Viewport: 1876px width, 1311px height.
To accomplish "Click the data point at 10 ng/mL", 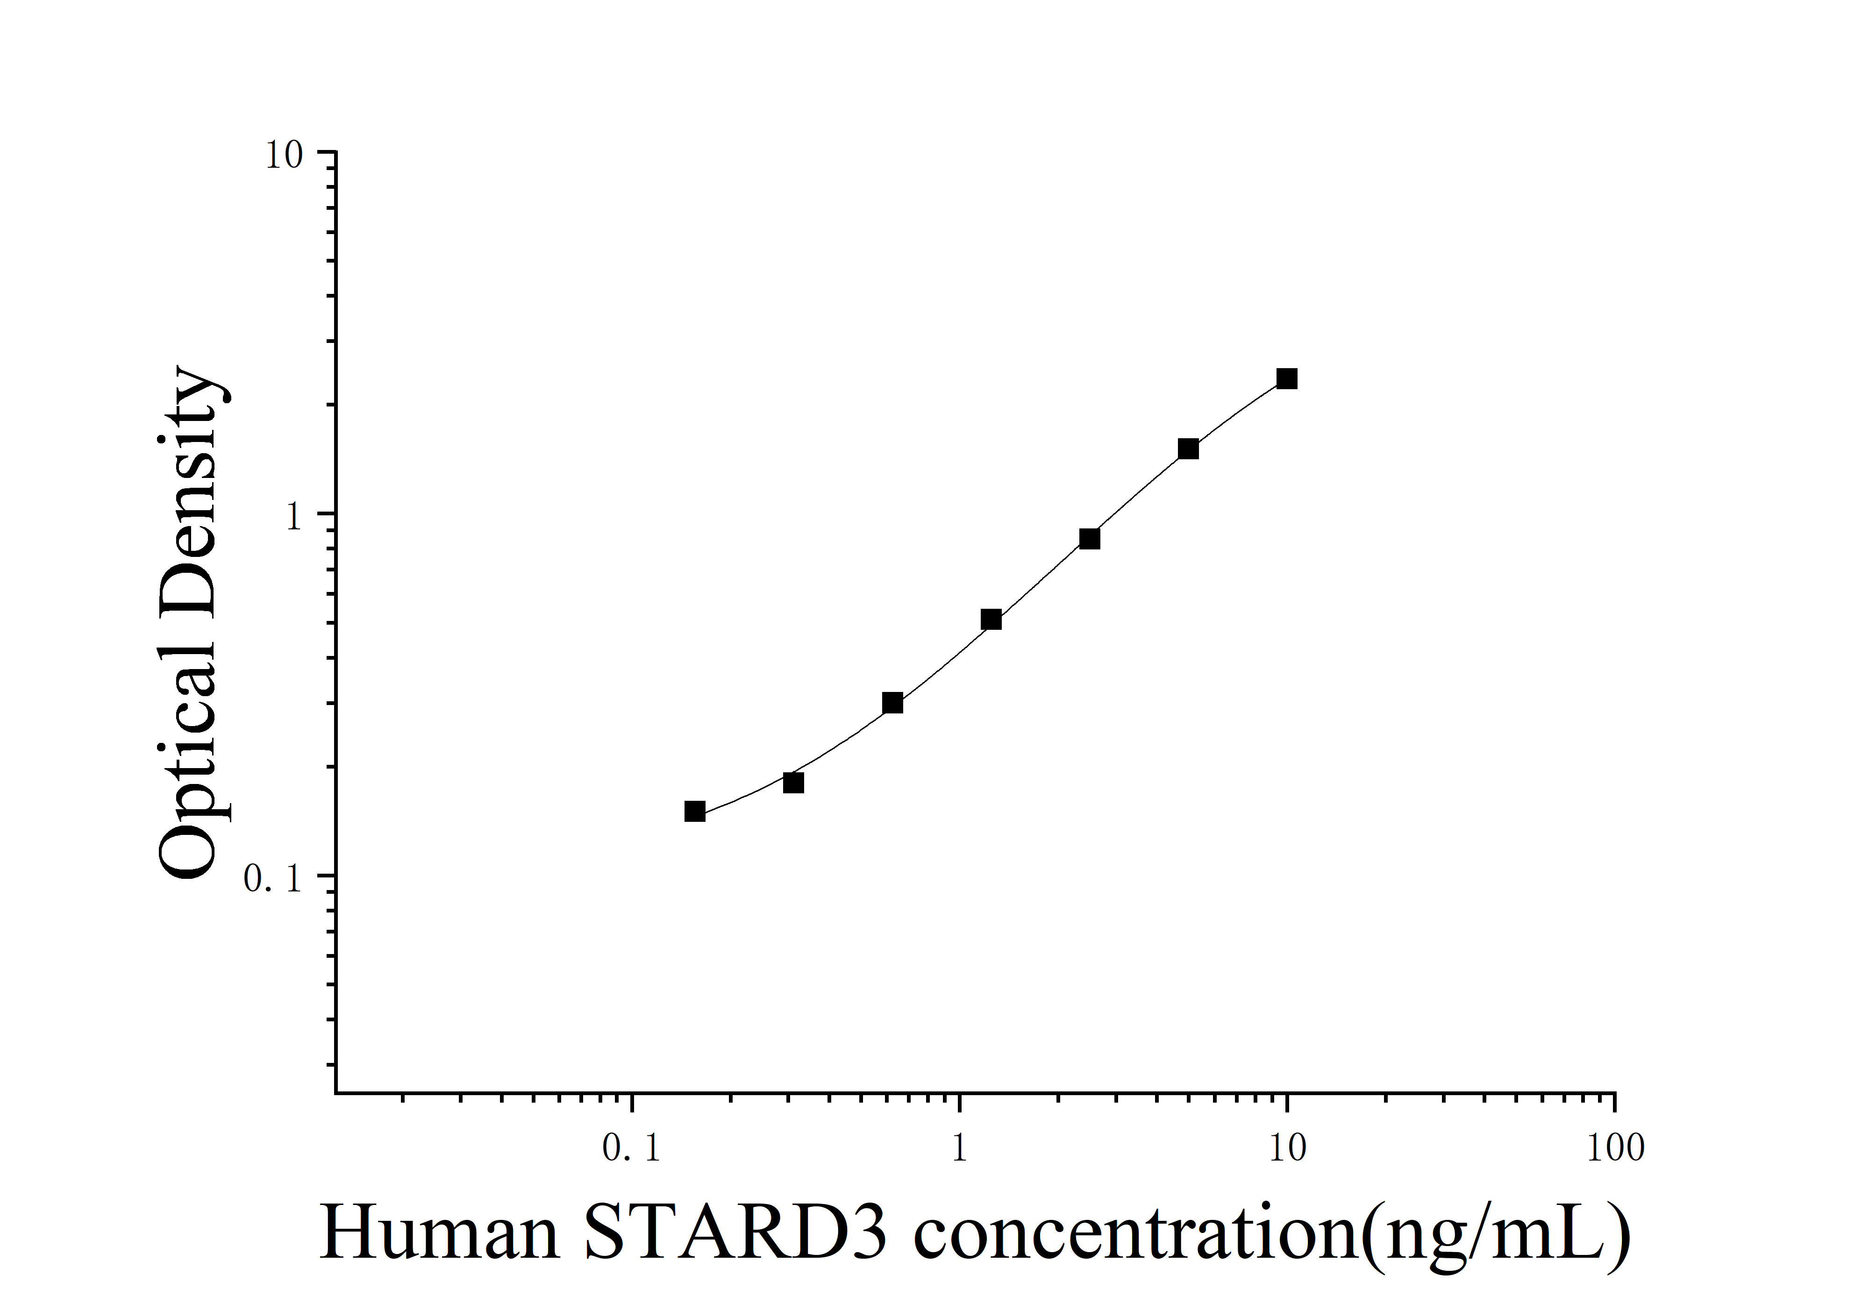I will tap(1287, 378).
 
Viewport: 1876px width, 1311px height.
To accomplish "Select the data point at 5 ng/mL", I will tap(1188, 449).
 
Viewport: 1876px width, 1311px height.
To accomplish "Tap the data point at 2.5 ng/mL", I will tap(1089, 538).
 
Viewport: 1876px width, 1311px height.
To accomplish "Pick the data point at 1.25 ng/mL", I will tap(991, 619).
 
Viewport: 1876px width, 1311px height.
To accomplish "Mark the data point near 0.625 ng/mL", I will tap(892, 703).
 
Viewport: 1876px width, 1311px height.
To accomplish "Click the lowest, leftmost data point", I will tap(694, 811).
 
